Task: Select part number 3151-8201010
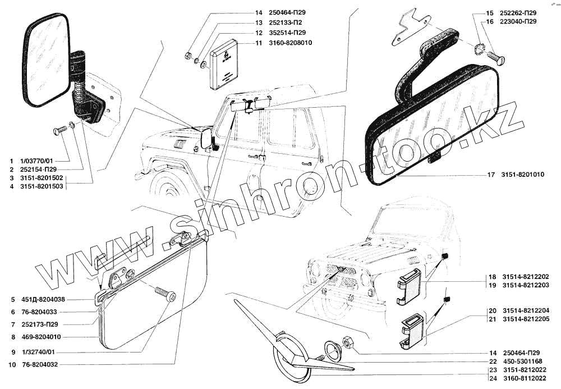tap(523, 175)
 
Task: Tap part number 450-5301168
tap(523, 361)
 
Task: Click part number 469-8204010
tap(43, 337)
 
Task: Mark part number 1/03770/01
tap(38, 160)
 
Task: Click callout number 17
tap(490, 175)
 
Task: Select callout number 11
tap(258, 43)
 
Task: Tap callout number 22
tap(491, 361)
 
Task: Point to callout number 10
tap(12, 364)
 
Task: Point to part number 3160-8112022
tap(526, 379)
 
